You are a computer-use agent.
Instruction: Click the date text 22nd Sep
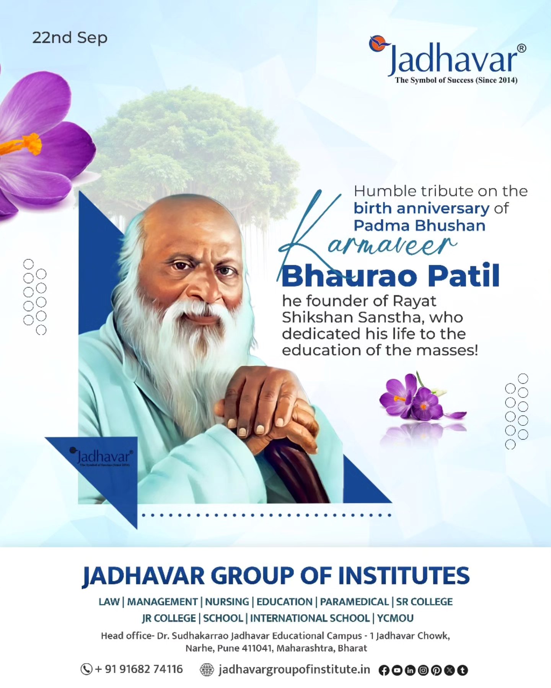click(70, 38)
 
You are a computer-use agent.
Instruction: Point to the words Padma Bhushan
click(419, 226)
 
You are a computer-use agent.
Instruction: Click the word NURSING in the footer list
click(227, 602)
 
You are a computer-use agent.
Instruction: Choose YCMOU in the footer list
click(395, 618)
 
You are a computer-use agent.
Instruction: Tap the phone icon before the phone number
click(86, 669)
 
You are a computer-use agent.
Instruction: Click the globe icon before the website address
click(207, 670)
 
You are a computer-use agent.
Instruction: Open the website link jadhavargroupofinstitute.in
click(294, 669)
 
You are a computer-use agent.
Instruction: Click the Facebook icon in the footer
click(384, 670)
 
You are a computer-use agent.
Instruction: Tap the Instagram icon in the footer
click(423, 670)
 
